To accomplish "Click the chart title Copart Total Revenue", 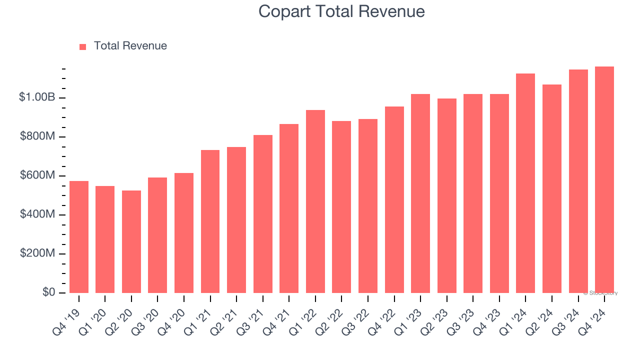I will point(341,11).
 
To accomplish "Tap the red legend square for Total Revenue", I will point(83,46).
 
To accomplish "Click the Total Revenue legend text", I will point(130,46).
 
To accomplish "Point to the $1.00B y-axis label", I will point(37,97).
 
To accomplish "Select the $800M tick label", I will point(38,136).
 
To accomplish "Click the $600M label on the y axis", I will point(38,175).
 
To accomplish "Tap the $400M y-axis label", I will point(38,214).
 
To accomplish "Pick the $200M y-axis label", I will point(38,253).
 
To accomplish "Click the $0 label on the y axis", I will point(48,292).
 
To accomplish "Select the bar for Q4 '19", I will point(79,237).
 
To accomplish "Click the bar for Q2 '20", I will point(131,242).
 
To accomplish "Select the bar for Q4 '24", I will point(604,180).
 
